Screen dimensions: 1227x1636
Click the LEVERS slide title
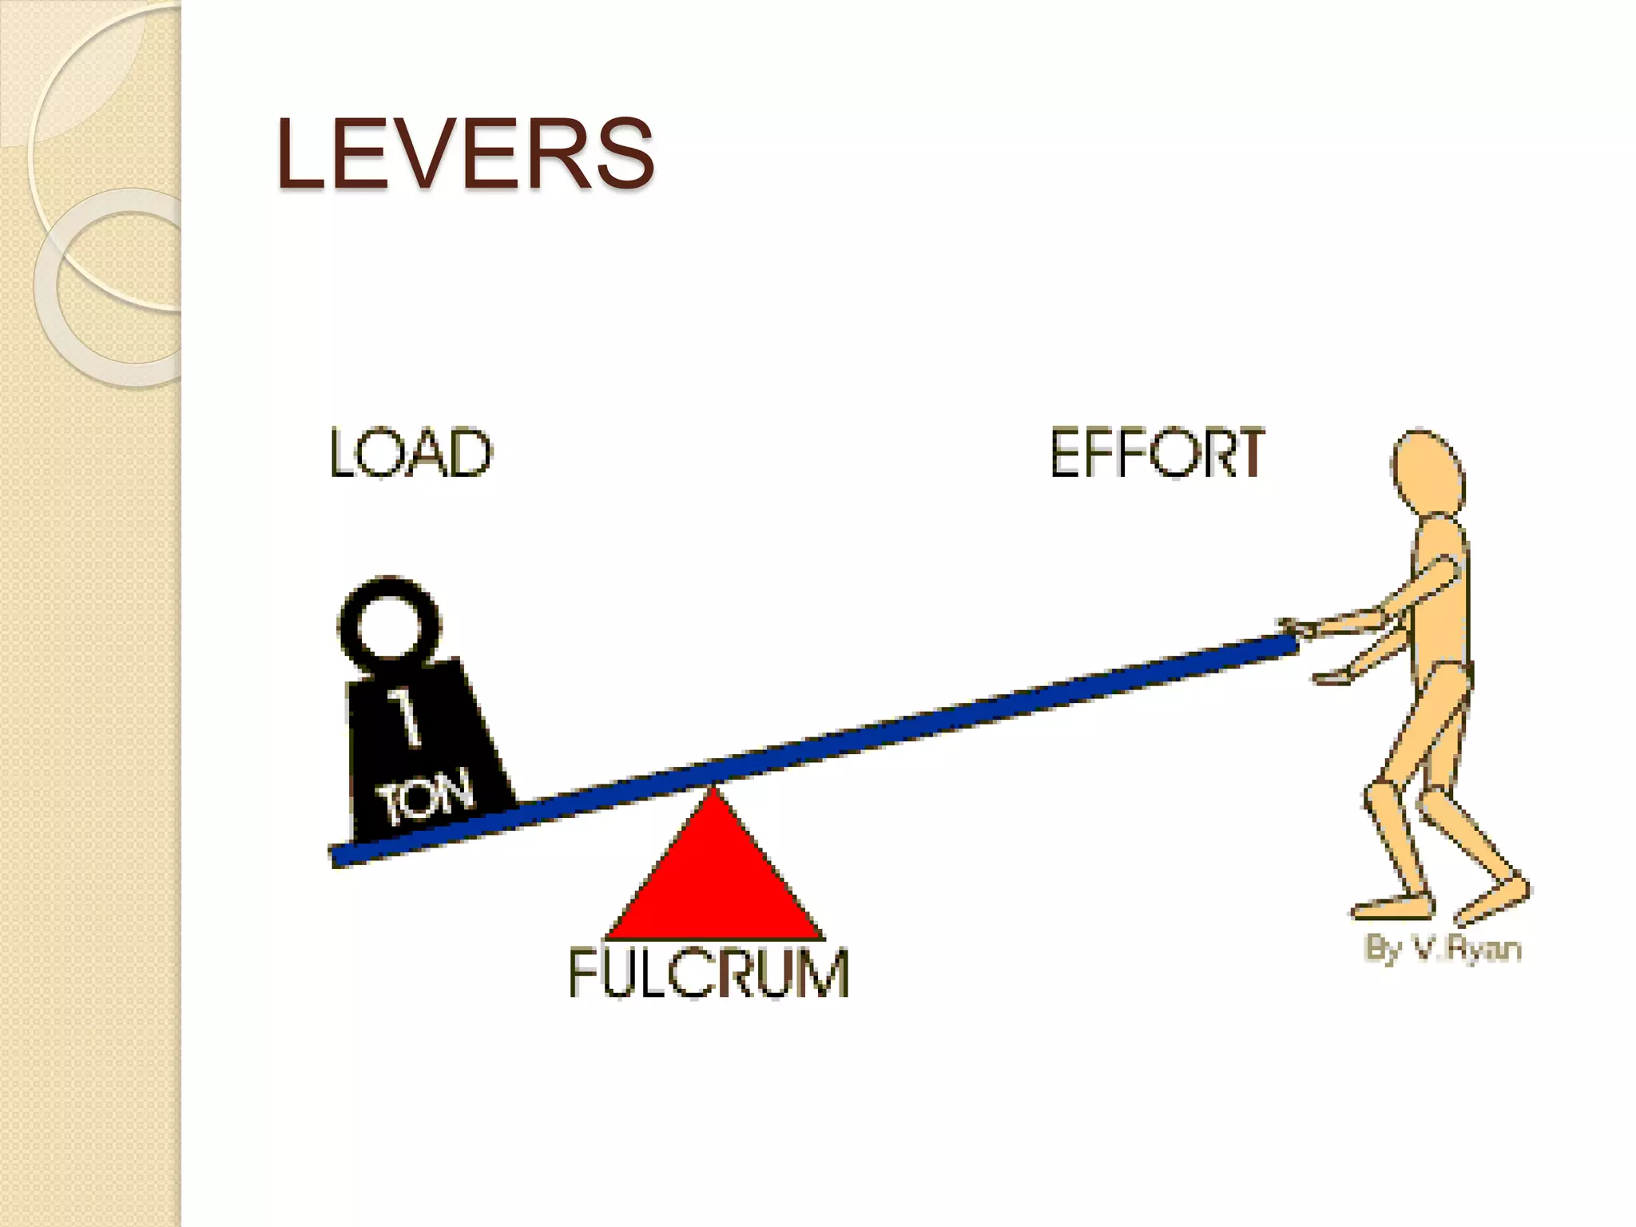point(465,153)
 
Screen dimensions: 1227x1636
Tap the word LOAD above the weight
point(411,453)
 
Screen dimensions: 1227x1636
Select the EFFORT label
point(1157,453)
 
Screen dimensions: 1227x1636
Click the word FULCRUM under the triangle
point(708,972)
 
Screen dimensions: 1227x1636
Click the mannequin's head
point(1428,476)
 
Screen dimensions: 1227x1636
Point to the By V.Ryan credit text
point(1442,948)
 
